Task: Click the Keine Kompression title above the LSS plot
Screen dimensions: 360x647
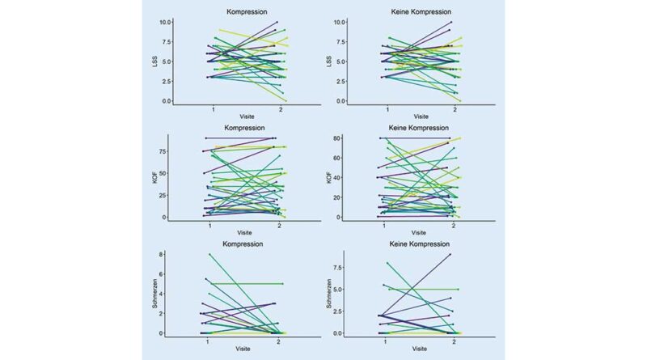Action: (x=419, y=12)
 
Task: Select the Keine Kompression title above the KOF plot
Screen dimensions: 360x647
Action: (x=419, y=127)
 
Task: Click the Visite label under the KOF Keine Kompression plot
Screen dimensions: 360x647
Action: (x=419, y=236)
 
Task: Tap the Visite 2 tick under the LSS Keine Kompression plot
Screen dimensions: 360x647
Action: (x=455, y=108)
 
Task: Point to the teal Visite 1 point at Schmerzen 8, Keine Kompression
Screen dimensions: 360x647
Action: (x=387, y=263)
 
